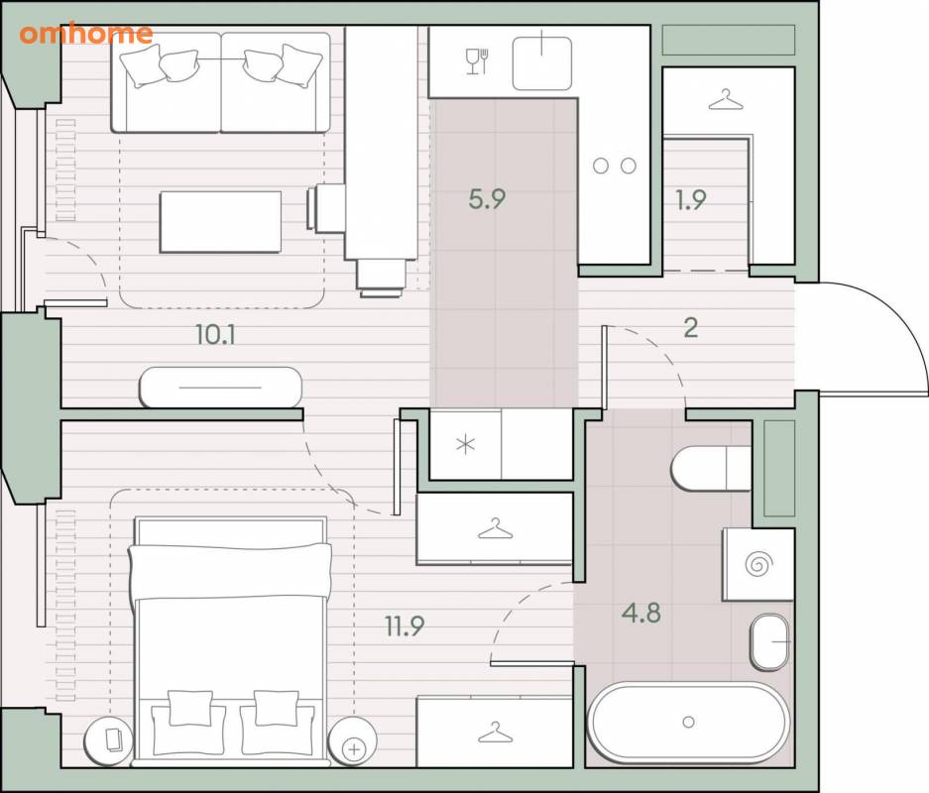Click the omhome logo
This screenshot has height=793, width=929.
pos(86,34)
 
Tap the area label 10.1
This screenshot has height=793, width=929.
pos(216,335)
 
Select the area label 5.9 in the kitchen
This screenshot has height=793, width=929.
pos(487,199)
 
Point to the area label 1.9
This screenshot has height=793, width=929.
pos(691,199)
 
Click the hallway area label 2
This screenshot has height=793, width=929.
pos(691,327)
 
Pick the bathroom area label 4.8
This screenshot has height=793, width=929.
pos(641,613)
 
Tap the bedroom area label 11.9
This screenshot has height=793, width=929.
pos(405,625)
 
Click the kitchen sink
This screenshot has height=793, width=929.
pos(542,62)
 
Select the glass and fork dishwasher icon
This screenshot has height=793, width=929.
pos(477,61)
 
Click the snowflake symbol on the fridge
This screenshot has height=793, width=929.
pos(466,444)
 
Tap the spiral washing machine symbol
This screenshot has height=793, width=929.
pos(758,564)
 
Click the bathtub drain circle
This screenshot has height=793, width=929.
pos(688,722)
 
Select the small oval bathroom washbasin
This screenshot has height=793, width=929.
pos(770,642)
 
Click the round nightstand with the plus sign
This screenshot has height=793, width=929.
pos(352,741)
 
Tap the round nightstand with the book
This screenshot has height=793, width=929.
pos(108,741)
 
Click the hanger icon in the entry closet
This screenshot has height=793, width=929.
pos(726,100)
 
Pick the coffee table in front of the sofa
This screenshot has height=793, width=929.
pos(220,221)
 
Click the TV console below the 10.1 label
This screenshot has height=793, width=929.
pos(220,388)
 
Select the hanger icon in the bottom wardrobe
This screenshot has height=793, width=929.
pos(496,733)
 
